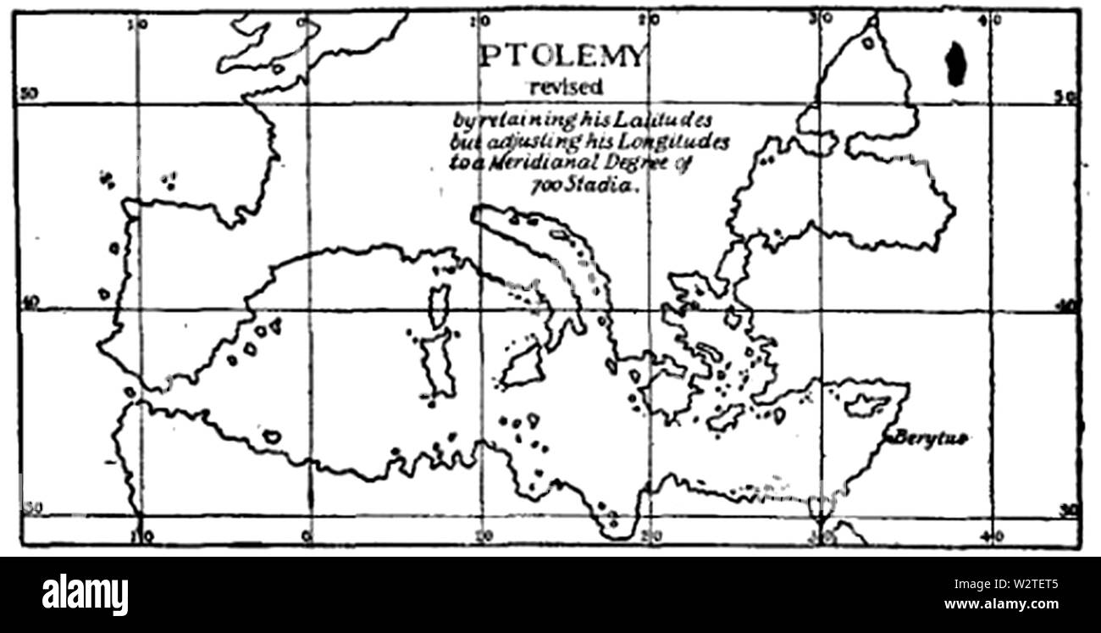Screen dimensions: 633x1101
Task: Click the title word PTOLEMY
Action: coord(562,57)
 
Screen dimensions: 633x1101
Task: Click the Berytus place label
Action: coord(929,437)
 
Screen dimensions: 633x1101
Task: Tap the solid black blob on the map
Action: coord(955,64)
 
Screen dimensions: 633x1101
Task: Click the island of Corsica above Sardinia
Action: coord(438,306)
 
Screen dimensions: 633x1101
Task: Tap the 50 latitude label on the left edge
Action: coord(28,94)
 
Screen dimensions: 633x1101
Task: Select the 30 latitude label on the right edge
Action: coord(1069,508)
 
